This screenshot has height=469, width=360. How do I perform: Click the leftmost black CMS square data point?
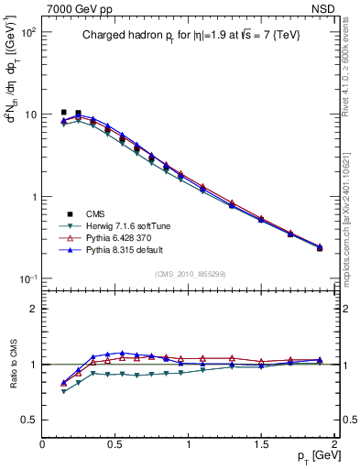tap(63, 113)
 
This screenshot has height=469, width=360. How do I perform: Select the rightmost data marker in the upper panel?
tap(320, 247)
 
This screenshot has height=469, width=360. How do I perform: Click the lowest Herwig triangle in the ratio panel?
tap(63, 391)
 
